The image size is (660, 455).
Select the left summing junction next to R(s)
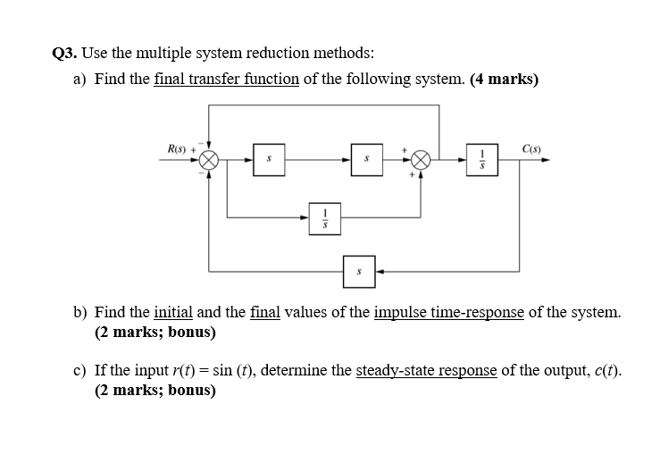tap(209, 161)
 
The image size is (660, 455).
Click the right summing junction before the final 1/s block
tap(422, 161)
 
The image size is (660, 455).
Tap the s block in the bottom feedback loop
tap(359, 270)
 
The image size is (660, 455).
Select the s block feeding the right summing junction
tap(366, 161)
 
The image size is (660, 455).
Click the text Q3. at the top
tap(66, 52)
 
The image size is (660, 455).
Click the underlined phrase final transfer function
tap(226, 79)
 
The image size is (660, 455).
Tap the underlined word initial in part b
tap(173, 313)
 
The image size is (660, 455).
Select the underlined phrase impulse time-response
tap(448, 313)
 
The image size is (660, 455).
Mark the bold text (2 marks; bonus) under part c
tap(155, 391)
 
